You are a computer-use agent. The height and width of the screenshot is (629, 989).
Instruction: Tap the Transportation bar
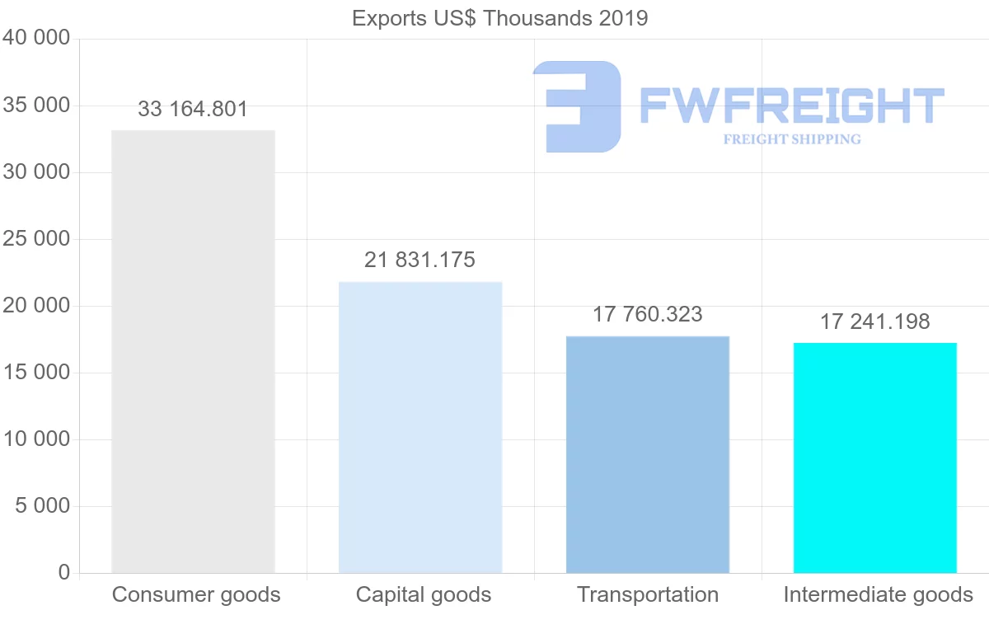click(x=648, y=454)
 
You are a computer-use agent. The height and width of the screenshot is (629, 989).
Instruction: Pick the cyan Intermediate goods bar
click(x=874, y=458)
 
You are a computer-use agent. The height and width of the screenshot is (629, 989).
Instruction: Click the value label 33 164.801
click(x=193, y=109)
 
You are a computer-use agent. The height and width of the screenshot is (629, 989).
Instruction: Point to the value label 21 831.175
click(x=420, y=260)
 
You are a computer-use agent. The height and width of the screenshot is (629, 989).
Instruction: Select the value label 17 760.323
click(x=648, y=314)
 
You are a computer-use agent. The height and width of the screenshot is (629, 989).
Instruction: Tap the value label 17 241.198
click(x=874, y=322)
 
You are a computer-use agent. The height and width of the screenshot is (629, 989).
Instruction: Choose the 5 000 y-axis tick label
click(x=43, y=505)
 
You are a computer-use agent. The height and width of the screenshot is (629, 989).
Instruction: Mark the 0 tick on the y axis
click(x=64, y=572)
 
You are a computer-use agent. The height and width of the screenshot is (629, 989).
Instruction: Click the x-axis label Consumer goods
click(x=196, y=594)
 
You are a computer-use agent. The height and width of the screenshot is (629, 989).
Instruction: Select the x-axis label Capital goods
click(x=424, y=594)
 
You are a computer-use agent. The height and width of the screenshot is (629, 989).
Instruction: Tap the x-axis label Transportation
click(x=648, y=594)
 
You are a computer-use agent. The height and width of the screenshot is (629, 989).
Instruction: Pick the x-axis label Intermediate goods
click(x=879, y=594)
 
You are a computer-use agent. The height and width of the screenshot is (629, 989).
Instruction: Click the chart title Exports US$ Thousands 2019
click(x=500, y=18)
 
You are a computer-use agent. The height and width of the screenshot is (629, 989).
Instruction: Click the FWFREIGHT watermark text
click(x=791, y=106)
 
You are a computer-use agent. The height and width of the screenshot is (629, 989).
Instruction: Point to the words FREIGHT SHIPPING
click(x=792, y=139)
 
